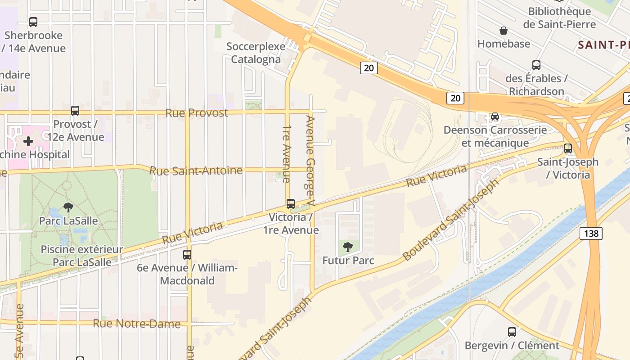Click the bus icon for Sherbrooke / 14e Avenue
click(33, 22)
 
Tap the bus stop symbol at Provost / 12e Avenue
click(75, 110)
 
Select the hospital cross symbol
click(28, 141)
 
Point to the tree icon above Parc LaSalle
click(68, 207)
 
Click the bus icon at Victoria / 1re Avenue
click(291, 204)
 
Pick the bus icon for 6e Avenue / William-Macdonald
click(187, 254)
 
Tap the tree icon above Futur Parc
click(347, 247)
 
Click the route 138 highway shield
click(590, 233)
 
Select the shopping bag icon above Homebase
click(504, 31)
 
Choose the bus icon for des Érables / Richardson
click(536, 65)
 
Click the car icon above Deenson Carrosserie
click(495, 117)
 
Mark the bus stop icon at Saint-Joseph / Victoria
click(568, 148)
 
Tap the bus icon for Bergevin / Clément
click(512, 332)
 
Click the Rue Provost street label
click(197, 112)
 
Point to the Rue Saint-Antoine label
click(196, 171)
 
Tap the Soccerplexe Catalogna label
click(256, 53)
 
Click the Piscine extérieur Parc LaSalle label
click(82, 256)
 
